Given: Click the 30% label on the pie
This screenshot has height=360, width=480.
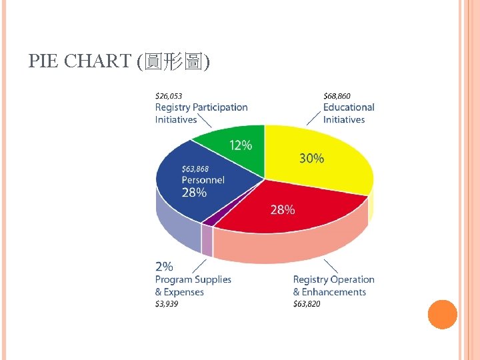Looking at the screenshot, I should point(311,158).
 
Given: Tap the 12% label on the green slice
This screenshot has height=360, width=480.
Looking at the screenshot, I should point(241,145).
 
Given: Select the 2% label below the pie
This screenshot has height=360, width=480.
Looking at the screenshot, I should point(164,267).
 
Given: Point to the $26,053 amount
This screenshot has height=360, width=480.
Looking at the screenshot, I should point(169,95).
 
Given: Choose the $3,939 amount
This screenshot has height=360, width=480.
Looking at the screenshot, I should point(167,304).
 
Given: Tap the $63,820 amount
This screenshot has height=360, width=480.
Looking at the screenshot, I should point(307,304).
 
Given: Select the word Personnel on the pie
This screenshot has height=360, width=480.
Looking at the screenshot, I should point(203,180).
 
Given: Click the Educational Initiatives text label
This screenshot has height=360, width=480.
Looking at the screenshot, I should point(349,113).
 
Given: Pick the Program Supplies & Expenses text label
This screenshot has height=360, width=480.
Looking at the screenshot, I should point(193,285).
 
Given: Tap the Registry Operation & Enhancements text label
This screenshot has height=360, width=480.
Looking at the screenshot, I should point(333,285).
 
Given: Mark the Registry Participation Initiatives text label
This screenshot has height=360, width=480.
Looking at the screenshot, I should point(201,113).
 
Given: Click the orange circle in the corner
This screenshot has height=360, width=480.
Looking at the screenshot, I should point(442,315).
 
